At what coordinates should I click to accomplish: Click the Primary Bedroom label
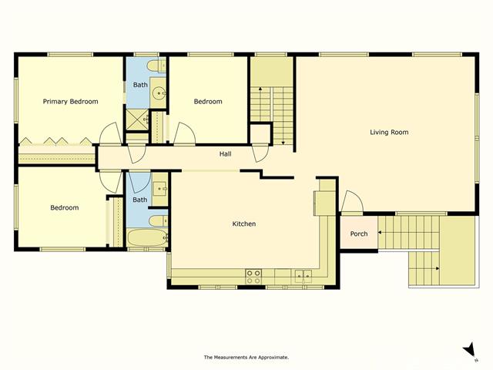[70, 101]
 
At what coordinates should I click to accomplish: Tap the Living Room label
[389, 132]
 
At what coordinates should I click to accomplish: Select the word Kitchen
[244, 224]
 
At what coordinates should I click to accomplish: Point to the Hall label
[226, 154]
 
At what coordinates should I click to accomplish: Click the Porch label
[359, 234]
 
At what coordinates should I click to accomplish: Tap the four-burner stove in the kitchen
[253, 277]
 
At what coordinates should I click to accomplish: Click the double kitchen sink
[303, 276]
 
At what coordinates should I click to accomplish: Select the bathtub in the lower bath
[147, 238]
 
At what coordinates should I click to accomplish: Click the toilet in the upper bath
[156, 66]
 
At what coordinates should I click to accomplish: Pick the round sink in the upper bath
[159, 93]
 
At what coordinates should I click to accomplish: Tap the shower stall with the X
[137, 119]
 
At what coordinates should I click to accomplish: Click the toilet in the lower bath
[158, 221]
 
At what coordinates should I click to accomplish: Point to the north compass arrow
[470, 349]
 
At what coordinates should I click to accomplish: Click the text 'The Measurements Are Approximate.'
[246, 357]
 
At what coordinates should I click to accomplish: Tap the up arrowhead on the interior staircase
[260, 89]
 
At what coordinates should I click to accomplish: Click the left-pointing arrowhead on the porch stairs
[380, 233]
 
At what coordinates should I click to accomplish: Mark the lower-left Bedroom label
[65, 207]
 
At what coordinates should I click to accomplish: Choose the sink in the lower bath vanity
[160, 188]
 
